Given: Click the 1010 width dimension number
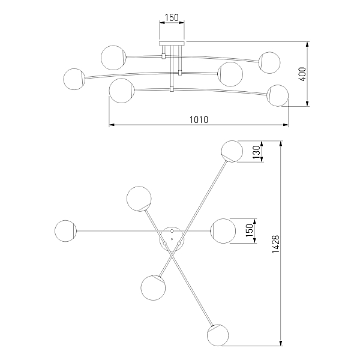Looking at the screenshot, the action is tap(199, 119).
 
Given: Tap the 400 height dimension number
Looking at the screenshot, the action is tap(303, 74).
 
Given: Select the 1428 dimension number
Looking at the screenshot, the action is tap(276, 244).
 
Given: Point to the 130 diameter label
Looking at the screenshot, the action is tap(257, 152).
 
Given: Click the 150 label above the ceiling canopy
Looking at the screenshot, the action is tap(172, 17).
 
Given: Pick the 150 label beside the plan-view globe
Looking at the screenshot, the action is tap(250, 231).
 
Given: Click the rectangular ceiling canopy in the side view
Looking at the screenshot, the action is tap(172, 44).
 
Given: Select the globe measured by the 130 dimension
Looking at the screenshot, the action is tap(232, 151).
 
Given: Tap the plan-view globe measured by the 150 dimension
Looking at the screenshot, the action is tap(223, 231).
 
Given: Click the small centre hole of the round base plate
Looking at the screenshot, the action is tap(172, 239).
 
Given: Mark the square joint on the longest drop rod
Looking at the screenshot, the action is tap(172, 89).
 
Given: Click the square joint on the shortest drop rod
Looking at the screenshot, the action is tap(163, 56).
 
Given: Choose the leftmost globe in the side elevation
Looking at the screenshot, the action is tap(74, 79).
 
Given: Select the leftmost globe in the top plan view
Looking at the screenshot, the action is tap(65, 231).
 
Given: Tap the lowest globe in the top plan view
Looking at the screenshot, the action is tap(218, 335).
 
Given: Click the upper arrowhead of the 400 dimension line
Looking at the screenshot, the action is tap(307, 44).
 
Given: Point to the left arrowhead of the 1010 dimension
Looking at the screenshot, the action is tap(112, 125).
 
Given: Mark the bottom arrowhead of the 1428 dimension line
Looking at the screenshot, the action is tap(281, 343).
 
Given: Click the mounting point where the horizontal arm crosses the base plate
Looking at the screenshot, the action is tap(172, 231).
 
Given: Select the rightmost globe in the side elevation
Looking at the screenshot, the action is tap(278, 95).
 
